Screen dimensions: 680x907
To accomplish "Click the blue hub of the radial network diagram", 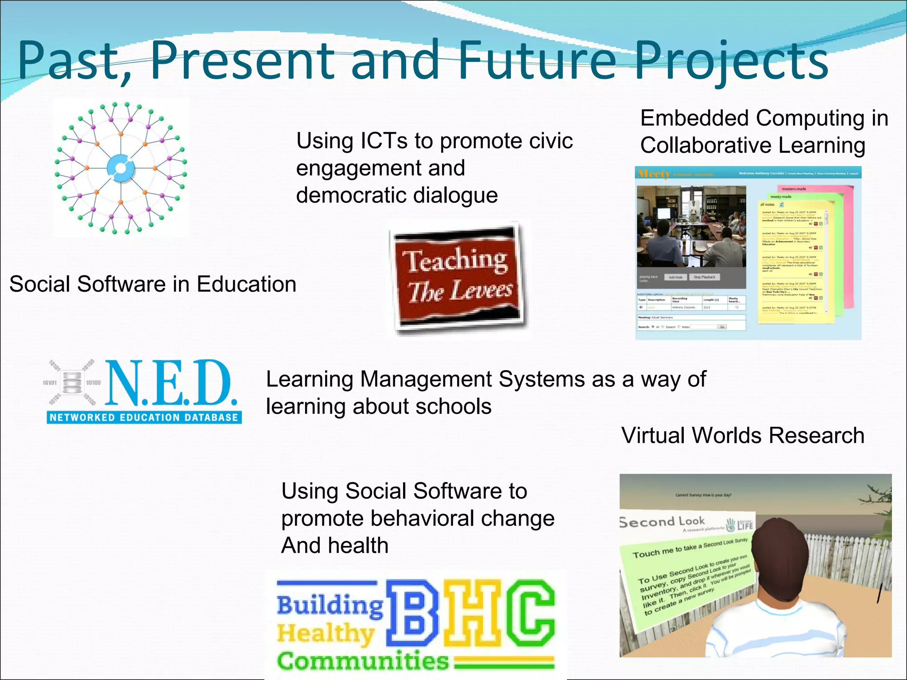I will click(121, 168).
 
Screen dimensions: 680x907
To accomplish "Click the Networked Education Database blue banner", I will click(144, 417).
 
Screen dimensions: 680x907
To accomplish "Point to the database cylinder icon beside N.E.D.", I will click(72, 382).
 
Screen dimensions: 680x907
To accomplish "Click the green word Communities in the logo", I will click(362, 661).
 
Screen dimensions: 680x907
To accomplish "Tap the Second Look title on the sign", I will click(662, 522).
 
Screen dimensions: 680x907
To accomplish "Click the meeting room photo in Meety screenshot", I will click(691, 226).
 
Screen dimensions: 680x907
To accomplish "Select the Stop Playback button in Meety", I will click(704, 277).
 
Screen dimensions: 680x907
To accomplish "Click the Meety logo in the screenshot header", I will click(653, 174).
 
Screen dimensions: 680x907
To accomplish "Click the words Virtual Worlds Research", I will click(743, 435).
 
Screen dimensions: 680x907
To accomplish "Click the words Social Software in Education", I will click(152, 284).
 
